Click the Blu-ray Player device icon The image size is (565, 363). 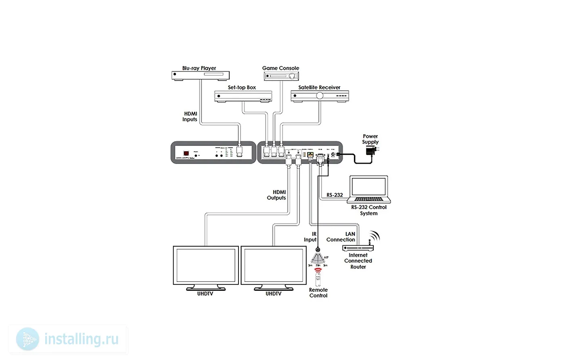coord(201,75)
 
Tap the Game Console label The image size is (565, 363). coord(280,68)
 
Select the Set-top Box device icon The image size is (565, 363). coord(243,96)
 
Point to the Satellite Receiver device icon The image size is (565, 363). coord(320,96)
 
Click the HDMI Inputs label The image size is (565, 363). coord(190,117)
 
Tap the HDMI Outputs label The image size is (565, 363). coord(276,195)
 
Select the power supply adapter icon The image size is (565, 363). coord(371,151)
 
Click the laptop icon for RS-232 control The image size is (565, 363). coord(369,189)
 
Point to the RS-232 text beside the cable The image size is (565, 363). coord(335,195)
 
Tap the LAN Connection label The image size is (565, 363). coord(341,237)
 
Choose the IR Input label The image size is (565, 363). coord(311,237)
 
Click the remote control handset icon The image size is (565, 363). coord(318,279)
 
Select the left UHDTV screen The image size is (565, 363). coord(205,265)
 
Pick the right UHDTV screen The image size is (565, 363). coord(273,265)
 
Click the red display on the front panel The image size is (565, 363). coord(186,153)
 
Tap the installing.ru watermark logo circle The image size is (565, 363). coord(28,339)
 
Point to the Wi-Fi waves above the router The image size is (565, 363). coord(375,236)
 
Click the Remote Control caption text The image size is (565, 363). coord(318,293)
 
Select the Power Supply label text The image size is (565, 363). coord(370,139)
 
